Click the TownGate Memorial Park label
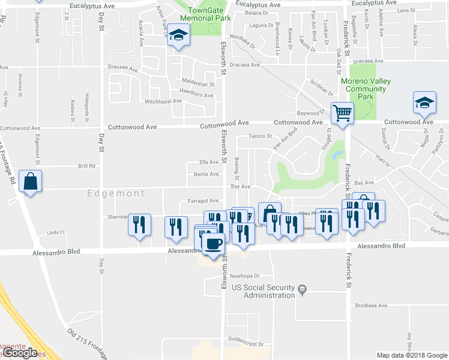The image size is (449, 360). coord(209,14)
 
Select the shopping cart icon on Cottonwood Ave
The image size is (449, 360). coord(342,112)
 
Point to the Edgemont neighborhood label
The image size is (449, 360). coord(116,194)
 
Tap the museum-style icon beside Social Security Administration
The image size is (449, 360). coord(302,290)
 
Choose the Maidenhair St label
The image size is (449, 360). coord(197,84)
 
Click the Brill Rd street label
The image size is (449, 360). coord(87,166)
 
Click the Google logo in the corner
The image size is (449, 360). coord(20,353)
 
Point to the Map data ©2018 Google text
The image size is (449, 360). coord(411,355)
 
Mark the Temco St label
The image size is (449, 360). coord(261,136)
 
